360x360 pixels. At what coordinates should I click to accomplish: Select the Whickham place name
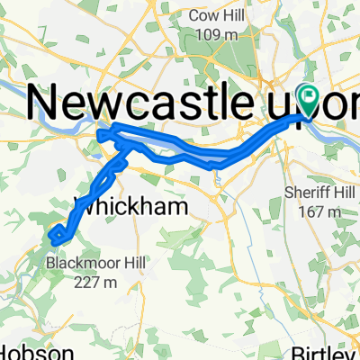(x=134, y=207)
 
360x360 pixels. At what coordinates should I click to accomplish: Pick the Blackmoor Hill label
(x=94, y=265)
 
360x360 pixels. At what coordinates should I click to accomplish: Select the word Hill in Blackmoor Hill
(x=131, y=265)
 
